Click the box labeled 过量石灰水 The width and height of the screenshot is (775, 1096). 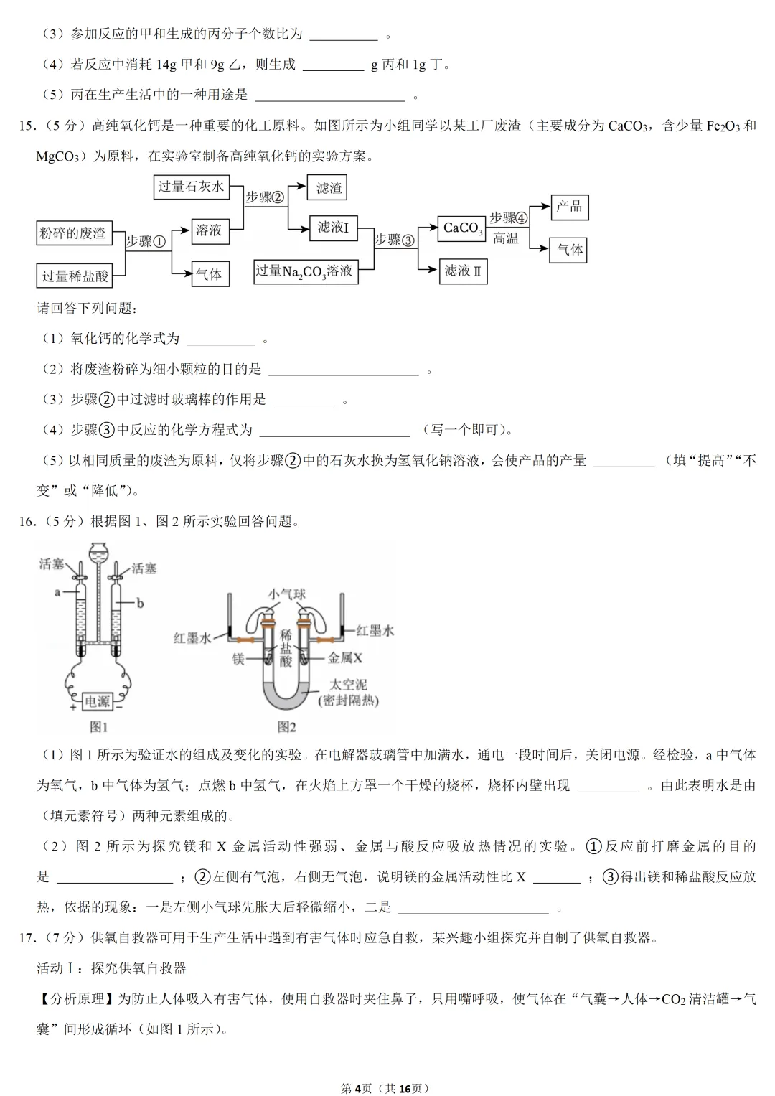click(x=191, y=187)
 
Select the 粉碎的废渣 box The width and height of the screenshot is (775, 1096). click(x=72, y=233)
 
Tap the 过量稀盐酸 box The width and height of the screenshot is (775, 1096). click(x=75, y=276)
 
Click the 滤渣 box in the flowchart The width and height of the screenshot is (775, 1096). click(x=329, y=188)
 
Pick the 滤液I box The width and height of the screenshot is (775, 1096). click(x=333, y=228)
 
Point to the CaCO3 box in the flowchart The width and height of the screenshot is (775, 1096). click(x=462, y=228)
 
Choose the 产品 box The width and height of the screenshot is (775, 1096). click(x=569, y=207)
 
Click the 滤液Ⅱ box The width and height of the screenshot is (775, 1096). click(x=463, y=271)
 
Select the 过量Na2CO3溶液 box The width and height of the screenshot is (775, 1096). click(x=306, y=271)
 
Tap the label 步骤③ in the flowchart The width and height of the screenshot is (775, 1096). click(x=395, y=240)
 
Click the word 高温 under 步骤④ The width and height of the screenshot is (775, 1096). click(x=506, y=238)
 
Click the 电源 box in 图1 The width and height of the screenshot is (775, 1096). click(x=97, y=701)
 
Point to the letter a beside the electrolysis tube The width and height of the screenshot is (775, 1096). click(x=57, y=592)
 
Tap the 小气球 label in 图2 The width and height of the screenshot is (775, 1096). click(x=287, y=594)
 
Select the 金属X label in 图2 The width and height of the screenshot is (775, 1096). click(x=345, y=657)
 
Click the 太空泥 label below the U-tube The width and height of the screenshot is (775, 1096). click(x=348, y=685)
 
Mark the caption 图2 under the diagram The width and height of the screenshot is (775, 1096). click(x=287, y=727)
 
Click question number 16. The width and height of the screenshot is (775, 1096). click(x=27, y=522)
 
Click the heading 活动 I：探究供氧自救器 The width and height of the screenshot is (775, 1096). click(x=111, y=968)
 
